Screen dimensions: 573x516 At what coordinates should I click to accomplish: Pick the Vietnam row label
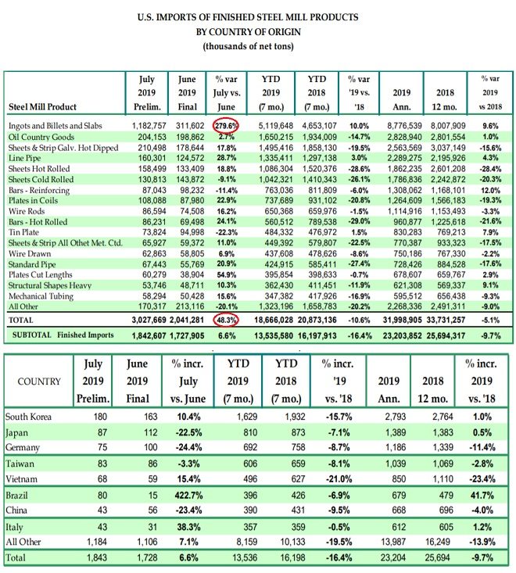22,478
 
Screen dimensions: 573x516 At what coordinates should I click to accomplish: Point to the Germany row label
24,447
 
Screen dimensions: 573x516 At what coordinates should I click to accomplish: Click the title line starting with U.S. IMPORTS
259,16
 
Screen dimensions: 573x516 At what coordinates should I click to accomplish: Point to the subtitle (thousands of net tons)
259,45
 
